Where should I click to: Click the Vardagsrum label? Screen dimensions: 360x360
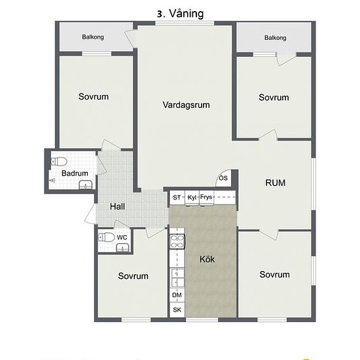pyautogui.click(x=186, y=105)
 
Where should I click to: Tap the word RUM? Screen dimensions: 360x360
pyautogui.click(x=276, y=183)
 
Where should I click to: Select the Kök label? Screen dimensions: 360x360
pyautogui.click(x=207, y=259)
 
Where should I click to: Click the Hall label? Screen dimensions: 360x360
pyautogui.click(x=117, y=206)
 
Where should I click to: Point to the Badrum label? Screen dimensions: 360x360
pyautogui.click(x=75, y=173)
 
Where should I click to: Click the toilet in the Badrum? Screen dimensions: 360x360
pyautogui.click(x=58, y=162)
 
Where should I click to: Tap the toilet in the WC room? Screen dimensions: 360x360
pyautogui.click(x=106, y=237)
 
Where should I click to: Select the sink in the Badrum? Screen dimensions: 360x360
pyautogui.click(x=86, y=185)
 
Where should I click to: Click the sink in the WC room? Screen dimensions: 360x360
pyautogui.click(x=122, y=248)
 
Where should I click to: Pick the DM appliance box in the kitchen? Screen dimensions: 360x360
pyautogui.click(x=177, y=295)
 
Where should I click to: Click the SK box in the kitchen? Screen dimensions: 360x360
pyautogui.click(x=177, y=310)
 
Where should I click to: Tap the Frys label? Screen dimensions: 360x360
pyautogui.click(x=206, y=197)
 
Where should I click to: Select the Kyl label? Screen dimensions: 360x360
pyautogui.click(x=192, y=198)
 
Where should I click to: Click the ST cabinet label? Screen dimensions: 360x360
pyautogui.click(x=177, y=198)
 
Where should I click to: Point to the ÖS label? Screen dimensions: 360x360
pyautogui.click(x=223, y=177)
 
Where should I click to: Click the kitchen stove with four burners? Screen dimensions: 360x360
pyautogui.click(x=177, y=242)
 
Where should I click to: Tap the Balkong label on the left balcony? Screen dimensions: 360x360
pyautogui.click(x=93, y=37)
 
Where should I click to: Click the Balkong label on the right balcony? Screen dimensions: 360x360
pyautogui.click(x=276, y=38)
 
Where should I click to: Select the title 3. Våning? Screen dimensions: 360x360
pyautogui.click(x=181, y=14)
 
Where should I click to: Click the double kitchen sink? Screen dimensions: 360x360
pyautogui.click(x=177, y=278)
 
